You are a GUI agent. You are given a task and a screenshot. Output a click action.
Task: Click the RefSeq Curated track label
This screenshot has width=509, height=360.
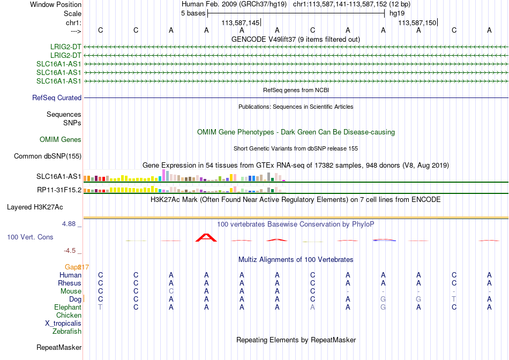point(57,97)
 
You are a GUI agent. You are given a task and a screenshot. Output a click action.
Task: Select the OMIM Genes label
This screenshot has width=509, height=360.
point(61,140)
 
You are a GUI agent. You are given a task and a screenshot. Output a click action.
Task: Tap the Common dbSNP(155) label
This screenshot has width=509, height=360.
point(48,156)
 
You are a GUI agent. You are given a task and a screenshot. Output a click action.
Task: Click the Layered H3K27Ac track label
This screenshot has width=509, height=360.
point(35,207)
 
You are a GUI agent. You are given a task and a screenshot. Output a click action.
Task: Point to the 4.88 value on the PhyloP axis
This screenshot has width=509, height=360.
point(69,224)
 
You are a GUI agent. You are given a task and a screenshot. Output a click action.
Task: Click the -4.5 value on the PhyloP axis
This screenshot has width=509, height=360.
point(70,251)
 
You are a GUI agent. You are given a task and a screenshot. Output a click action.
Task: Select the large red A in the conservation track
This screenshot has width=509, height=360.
point(206,238)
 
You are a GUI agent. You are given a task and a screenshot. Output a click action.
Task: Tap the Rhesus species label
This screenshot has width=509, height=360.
point(70,283)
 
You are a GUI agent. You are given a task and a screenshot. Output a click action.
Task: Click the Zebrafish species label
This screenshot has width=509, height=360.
point(67,332)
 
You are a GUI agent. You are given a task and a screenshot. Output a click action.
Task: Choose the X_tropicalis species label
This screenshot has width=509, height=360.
point(63,324)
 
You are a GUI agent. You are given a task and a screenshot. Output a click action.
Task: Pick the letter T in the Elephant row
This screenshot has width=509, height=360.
point(100,307)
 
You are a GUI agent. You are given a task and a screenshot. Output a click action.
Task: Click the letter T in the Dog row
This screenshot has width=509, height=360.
point(454,299)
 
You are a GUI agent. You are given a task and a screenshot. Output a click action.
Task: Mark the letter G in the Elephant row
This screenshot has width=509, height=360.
point(383,307)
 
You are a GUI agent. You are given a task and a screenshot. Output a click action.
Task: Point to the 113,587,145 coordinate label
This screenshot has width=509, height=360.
point(241,22)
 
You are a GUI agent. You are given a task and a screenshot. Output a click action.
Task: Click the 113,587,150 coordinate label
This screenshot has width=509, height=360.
point(417,22)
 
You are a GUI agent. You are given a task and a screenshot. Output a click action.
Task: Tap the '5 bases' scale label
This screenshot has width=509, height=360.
point(193,13)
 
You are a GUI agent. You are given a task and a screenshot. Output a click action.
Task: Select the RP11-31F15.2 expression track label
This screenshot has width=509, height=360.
point(59,190)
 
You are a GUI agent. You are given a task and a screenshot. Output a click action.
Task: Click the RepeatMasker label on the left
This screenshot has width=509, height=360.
point(59,347)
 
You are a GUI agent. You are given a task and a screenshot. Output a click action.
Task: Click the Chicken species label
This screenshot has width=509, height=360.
point(69,315)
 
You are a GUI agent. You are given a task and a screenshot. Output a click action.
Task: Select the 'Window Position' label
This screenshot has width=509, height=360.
point(56,4)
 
